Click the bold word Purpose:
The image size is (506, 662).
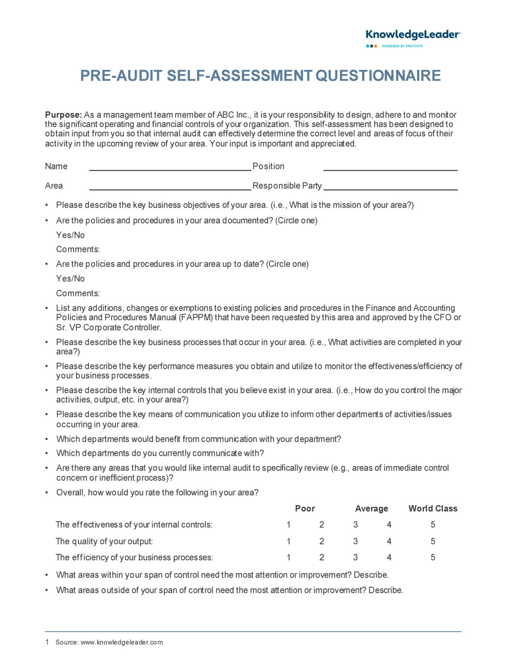(x=63, y=115)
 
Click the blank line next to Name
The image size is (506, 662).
(x=170, y=167)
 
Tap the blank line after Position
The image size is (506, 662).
(x=390, y=167)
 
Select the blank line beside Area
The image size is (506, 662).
(x=170, y=187)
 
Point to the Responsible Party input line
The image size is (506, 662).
(x=390, y=187)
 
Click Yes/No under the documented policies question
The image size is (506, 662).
(x=70, y=235)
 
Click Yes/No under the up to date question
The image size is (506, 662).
(x=70, y=279)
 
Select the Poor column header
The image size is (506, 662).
(x=305, y=509)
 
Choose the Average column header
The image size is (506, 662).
(x=371, y=509)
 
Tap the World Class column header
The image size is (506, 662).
(x=432, y=509)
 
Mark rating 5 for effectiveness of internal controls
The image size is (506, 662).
(x=433, y=525)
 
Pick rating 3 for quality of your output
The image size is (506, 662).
(x=355, y=541)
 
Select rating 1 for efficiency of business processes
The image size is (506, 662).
(x=289, y=558)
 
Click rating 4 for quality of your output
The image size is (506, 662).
(x=389, y=541)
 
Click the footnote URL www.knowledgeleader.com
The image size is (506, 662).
(x=121, y=643)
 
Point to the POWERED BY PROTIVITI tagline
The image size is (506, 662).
(x=402, y=46)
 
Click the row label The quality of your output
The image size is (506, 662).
(x=104, y=541)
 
